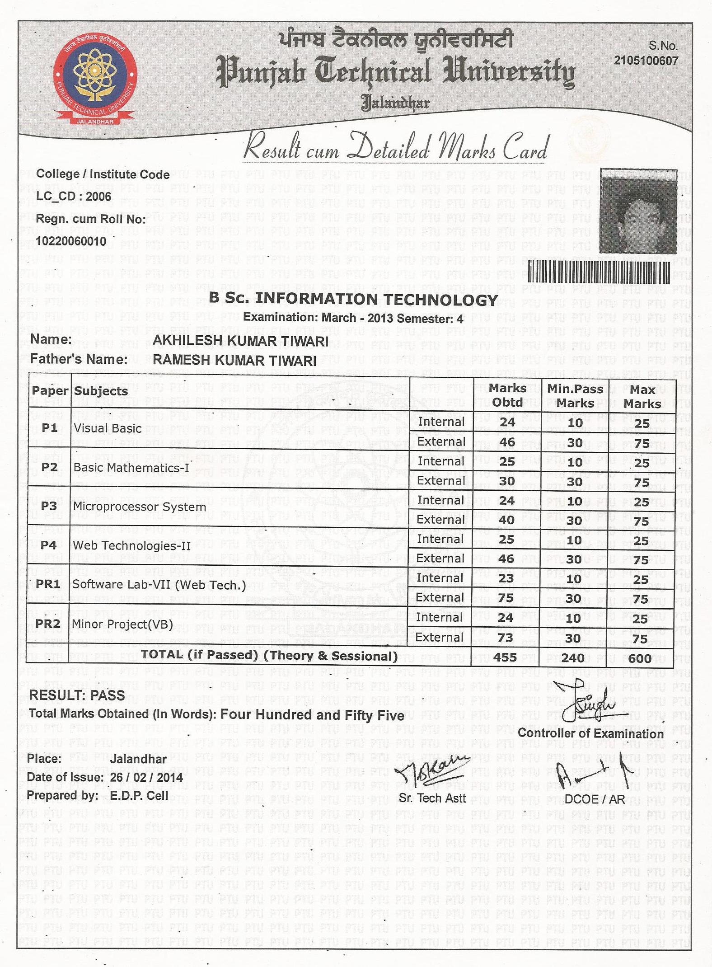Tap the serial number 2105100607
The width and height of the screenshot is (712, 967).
[x=646, y=61]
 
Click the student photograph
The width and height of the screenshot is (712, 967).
[x=638, y=211]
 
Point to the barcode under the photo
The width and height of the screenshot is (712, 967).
[x=599, y=272]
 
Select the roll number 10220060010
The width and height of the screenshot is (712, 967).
[x=71, y=241]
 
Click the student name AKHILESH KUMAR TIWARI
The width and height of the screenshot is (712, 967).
[x=240, y=341]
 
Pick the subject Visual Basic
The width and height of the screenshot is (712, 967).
[x=108, y=428]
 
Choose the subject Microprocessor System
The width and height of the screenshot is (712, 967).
[x=140, y=507]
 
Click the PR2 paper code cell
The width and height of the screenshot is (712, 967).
[x=48, y=624]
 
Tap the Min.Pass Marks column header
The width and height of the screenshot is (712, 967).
[x=575, y=396]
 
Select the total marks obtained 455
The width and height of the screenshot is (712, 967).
[x=505, y=657]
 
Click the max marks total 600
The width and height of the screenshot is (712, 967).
[x=640, y=658]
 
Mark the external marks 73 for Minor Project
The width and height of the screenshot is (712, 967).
[x=505, y=638]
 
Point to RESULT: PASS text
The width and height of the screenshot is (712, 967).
[x=77, y=695]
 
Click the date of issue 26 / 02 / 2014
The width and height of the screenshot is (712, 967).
[x=146, y=777]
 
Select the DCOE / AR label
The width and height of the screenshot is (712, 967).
[x=595, y=799]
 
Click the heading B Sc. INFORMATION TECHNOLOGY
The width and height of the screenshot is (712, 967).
[x=353, y=299]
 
